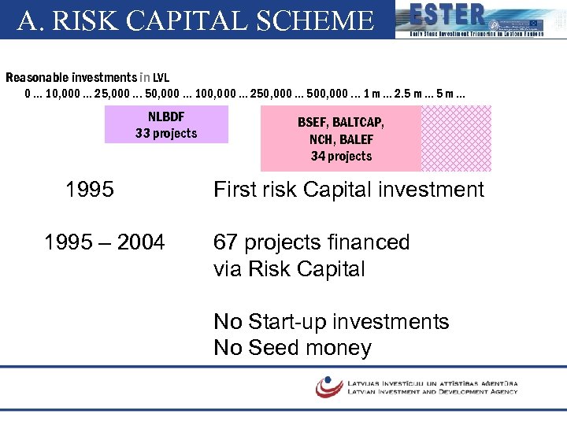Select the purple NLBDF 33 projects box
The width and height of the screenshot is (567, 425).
pos(166,124)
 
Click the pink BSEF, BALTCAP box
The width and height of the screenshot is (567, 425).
pos(341,139)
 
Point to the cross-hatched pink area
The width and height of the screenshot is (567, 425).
pos(456,139)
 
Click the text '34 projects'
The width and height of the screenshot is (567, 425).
pos(341,156)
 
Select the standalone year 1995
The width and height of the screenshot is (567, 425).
pos(89,190)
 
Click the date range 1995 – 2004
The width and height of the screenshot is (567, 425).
pos(105,242)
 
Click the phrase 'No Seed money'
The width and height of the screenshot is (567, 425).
pos(292,348)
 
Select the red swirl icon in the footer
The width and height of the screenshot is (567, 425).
pos(328,386)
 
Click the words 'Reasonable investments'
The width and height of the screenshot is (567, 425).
pos(71,77)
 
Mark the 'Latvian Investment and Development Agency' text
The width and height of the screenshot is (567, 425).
pos(432,391)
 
